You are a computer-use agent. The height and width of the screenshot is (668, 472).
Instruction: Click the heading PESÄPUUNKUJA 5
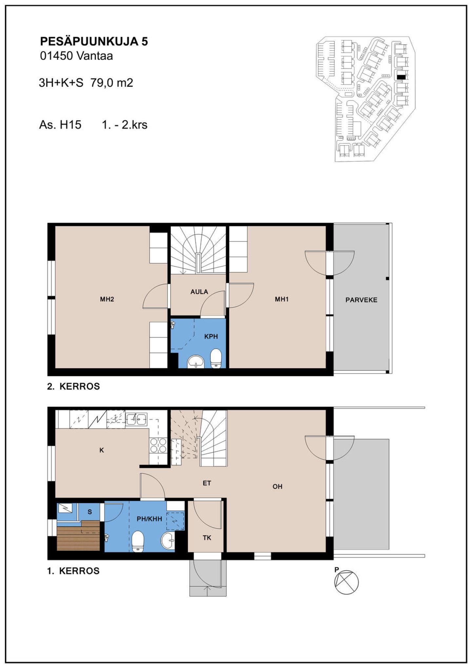94,41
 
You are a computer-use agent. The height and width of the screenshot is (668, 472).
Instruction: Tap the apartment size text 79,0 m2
112,83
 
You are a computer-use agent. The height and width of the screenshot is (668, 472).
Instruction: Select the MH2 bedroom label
107,299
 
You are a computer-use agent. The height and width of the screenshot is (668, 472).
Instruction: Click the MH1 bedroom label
282,299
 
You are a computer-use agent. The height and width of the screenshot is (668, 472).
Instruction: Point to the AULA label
199,292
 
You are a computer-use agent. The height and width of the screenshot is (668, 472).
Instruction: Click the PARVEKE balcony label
361,300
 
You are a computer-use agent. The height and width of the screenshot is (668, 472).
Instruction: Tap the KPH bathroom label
211,336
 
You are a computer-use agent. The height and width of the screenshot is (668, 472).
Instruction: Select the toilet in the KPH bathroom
216,358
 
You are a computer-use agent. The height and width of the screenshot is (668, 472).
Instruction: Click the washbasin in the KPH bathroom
196,362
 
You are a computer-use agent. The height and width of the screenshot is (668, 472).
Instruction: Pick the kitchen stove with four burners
158,445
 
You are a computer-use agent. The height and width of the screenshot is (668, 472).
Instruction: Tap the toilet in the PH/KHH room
138,541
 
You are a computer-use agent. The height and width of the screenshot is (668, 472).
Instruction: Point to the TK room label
207,538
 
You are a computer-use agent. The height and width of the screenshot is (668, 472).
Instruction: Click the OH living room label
277,487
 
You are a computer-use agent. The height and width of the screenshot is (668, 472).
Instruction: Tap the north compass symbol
346,582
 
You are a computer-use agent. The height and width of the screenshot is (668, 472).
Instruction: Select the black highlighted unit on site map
401,77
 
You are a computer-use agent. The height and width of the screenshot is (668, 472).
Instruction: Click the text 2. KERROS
73,386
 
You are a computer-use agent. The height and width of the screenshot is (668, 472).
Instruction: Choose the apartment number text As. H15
60,125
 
